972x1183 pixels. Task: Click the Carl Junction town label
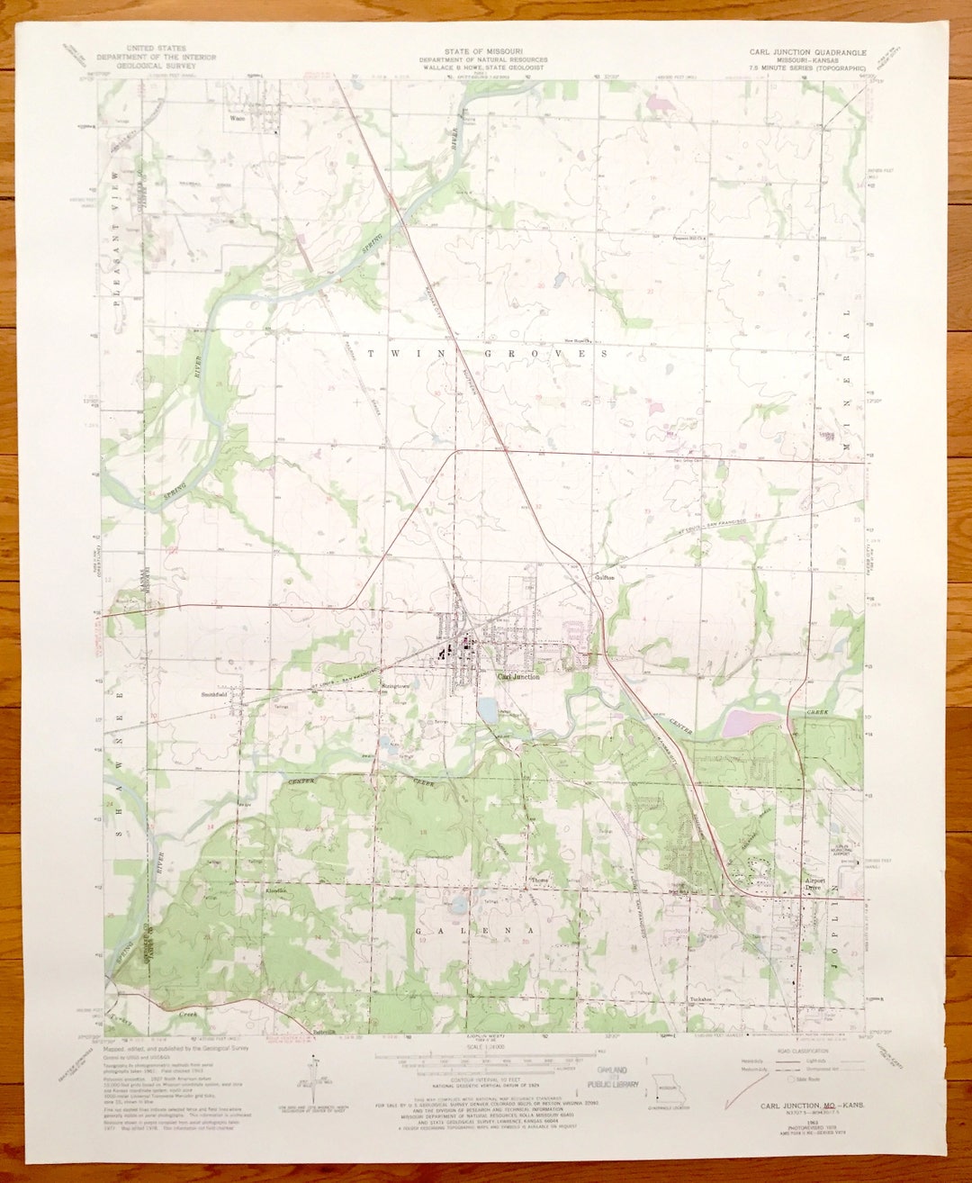pyautogui.click(x=519, y=676)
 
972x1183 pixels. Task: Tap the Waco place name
pyautogui.click(x=237, y=117)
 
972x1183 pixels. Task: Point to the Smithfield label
pyautogui.click(x=214, y=695)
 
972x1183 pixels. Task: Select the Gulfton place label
pyautogui.click(x=604, y=576)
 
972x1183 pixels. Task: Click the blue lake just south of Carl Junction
pyautogui.click(x=487, y=711)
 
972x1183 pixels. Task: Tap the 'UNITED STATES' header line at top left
pyautogui.click(x=156, y=48)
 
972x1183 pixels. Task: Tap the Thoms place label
pyautogui.click(x=540, y=880)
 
